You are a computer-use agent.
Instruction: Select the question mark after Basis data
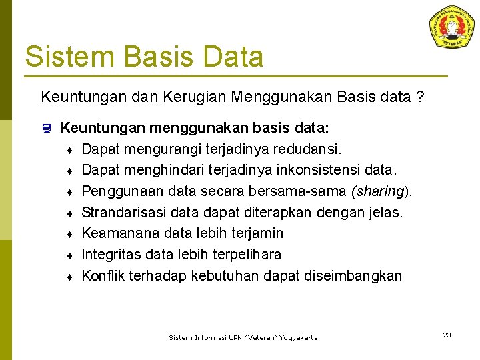pos(419,97)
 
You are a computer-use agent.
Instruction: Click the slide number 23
pos(447,335)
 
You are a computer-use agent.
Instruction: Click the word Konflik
pos(103,276)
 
